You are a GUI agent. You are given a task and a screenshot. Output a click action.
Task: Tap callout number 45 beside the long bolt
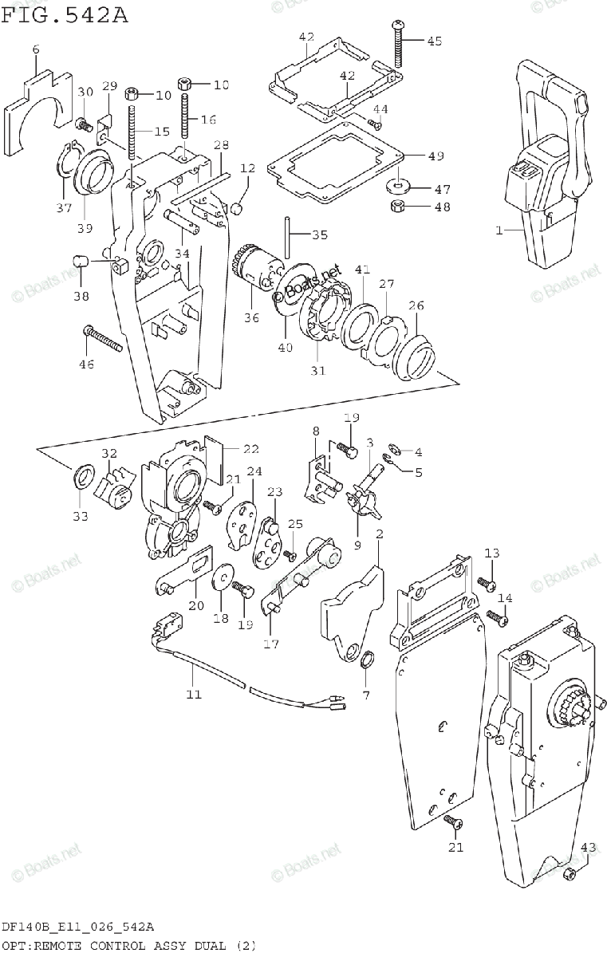(x=434, y=41)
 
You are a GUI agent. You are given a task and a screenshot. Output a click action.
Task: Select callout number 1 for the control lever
(x=499, y=230)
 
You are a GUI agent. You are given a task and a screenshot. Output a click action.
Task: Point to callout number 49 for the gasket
(x=436, y=156)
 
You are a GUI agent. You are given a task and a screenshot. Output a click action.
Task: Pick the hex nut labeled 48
(x=399, y=207)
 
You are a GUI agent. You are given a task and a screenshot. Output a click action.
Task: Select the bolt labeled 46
(x=101, y=338)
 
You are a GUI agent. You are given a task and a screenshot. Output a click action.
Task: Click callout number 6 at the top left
(x=35, y=49)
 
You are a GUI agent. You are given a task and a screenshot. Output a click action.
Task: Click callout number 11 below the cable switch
(x=194, y=694)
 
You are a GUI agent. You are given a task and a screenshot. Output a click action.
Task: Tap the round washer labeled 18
(x=223, y=577)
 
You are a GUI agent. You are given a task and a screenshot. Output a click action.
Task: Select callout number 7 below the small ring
(x=366, y=695)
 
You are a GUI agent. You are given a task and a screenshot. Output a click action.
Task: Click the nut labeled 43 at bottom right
(x=570, y=875)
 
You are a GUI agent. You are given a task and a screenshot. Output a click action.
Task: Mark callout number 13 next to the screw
(x=491, y=553)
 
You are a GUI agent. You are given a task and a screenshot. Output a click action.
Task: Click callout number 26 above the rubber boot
(x=416, y=305)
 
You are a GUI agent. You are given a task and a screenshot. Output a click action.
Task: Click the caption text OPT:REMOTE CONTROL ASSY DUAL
(x=128, y=946)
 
